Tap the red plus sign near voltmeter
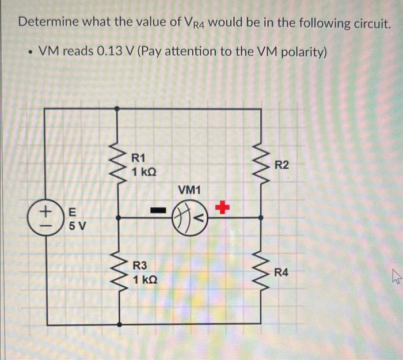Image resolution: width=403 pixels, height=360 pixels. pyautogui.click(x=222, y=206)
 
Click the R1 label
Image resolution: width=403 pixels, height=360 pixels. pyautogui.click(x=139, y=158)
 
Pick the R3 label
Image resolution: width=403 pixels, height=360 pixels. pyautogui.click(x=140, y=266)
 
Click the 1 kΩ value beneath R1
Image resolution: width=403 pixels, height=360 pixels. pyautogui.click(x=143, y=172)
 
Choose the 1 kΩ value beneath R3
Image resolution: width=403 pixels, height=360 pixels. pyautogui.click(x=144, y=280)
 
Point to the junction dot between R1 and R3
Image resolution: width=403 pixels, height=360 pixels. pyautogui.click(x=119, y=218)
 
